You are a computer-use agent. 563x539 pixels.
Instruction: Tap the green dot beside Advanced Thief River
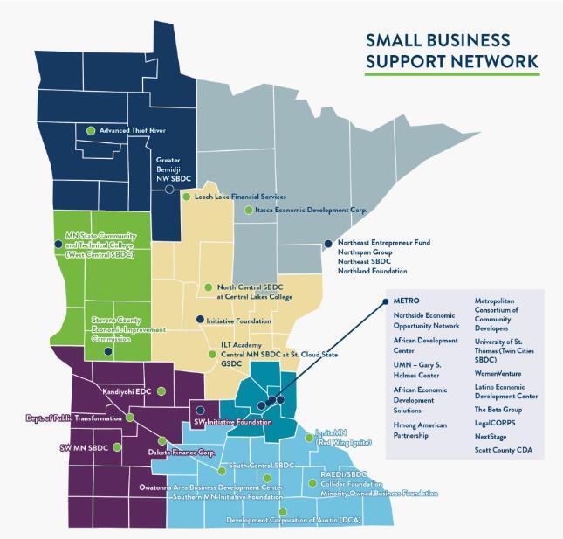click(x=92, y=130)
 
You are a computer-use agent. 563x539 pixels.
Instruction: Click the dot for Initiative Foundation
click(x=200, y=320)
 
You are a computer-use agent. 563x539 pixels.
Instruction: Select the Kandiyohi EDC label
click(x=127, y=392)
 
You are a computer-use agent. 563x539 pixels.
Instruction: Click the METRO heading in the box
click(x=407, y=301)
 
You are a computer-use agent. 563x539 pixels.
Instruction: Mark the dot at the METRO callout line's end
click(x=385, y=301)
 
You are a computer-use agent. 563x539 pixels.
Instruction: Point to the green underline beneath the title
click(x=451, y=73)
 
